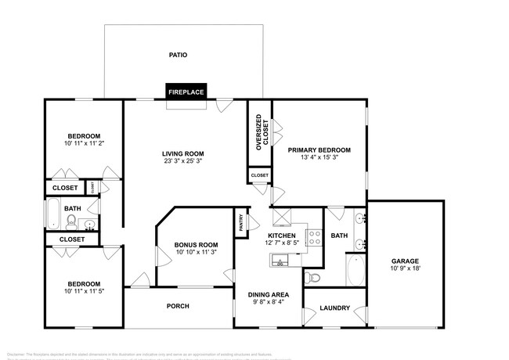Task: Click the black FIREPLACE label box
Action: [186, 92]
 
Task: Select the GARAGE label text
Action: [406, 261]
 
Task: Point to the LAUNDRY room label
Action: [334, 308]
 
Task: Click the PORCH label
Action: [179, 306]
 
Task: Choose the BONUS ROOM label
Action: [196, 245]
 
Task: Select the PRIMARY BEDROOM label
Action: [319, 149]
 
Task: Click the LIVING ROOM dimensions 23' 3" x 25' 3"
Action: [183, 161]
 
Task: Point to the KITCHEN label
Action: [282, 235]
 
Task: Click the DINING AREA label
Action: [269, 294]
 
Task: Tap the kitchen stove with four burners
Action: [313, 236]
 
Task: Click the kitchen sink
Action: [280, 260]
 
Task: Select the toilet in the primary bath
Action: [312, 276]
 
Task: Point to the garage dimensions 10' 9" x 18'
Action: [406, 268]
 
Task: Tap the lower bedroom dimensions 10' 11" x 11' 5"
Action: [83, 291]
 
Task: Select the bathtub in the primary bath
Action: [355, 270]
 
